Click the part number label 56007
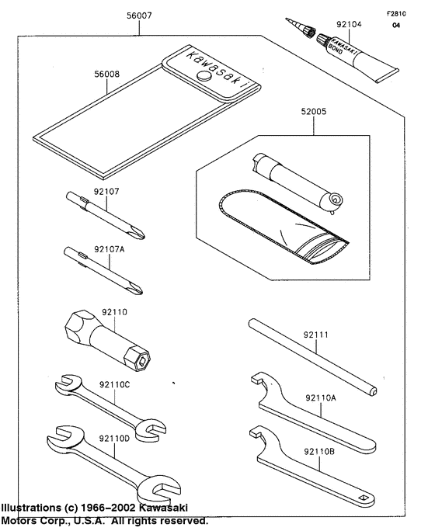139,16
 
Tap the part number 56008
107,74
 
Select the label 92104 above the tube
349,24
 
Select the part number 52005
314,112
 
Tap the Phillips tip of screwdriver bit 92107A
137,290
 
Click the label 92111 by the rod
315,335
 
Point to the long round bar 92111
312,356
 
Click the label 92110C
114,385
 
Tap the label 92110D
114,439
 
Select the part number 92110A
321,398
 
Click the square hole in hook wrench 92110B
364,498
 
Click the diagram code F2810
396,14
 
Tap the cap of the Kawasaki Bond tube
308,33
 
